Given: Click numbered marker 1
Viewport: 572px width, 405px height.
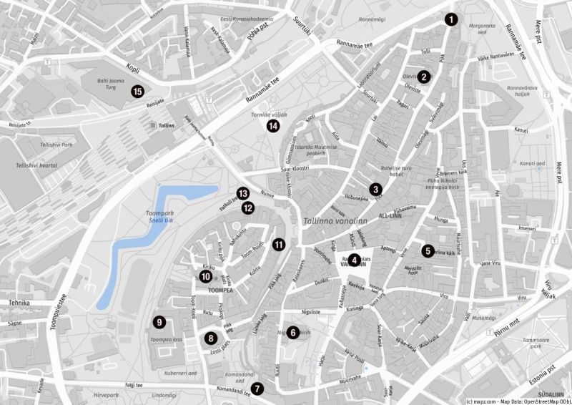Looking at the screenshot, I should point(450,20).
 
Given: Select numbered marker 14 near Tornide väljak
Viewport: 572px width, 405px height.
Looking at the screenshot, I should point(272,126).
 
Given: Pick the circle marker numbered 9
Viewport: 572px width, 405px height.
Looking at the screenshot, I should point(159,322).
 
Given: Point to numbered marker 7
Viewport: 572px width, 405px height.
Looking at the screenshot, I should point(257,389).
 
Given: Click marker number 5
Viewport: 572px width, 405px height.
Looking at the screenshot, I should point(428,251).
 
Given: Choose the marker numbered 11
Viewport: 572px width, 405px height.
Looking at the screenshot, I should point(278,245).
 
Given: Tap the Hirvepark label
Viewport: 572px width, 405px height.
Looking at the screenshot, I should point(105,395).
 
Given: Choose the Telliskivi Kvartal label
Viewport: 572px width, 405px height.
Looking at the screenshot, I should point(36,165).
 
